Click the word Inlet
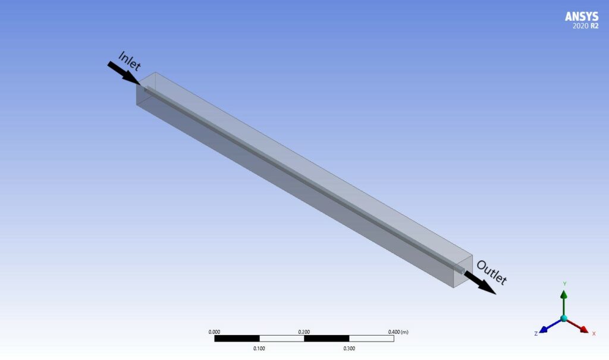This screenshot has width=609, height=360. pos(130,61)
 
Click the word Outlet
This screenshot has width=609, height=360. pos(491,273)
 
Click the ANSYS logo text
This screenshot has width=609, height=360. pos(582,17)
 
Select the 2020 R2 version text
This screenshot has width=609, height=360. pos(585,27)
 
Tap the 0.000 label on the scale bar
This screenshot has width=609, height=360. pos(215,331)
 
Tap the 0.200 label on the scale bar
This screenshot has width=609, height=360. pos(304,331)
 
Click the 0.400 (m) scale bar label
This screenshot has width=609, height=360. pos(397,331)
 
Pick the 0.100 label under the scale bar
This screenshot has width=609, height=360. pos(259,349)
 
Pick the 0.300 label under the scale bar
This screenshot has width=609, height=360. pos(349,349)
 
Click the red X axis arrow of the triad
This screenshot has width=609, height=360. pos(579,327)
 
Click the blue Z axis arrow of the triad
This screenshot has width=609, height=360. pos(548,327)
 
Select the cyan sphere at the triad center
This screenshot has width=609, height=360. pos(564,318)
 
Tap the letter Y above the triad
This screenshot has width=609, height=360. pos(564,284)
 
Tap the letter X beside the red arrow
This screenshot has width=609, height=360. pos(594,334)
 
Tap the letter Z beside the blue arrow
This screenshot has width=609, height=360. pos(536,334)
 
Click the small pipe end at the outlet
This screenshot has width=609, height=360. pos(461,270)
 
